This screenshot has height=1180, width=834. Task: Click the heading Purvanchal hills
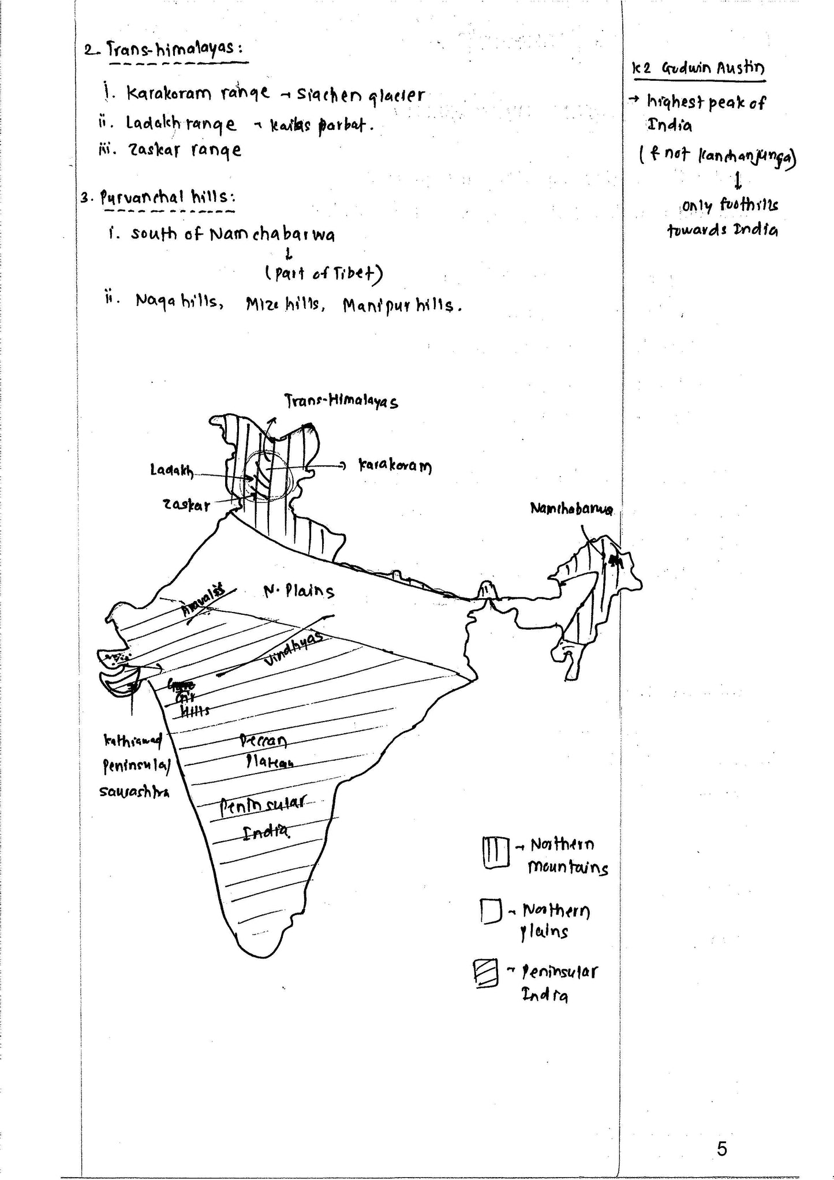[164, 197]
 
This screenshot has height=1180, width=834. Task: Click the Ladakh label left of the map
[172, 470]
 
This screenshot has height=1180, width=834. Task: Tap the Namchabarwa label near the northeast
[571, 509]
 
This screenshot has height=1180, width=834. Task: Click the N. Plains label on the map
[298, 591]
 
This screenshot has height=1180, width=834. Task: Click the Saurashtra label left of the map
[134, 791]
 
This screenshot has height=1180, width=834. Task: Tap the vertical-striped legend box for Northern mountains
[495, 852]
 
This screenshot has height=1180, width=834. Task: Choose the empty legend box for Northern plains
[489, 912]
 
